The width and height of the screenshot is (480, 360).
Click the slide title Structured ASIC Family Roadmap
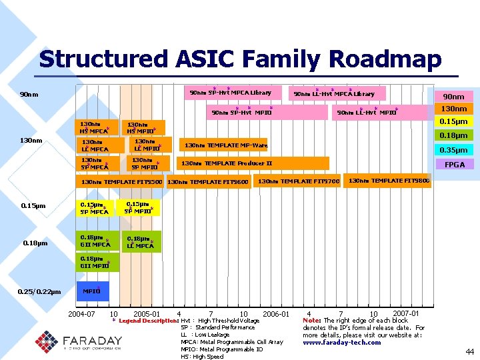click(240, 59)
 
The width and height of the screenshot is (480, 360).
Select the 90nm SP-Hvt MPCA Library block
click(231, 93)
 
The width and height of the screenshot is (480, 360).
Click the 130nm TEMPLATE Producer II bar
click(253, 163)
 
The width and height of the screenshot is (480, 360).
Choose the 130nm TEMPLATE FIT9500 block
click(121, 181)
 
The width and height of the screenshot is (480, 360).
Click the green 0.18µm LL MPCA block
click(141, 242)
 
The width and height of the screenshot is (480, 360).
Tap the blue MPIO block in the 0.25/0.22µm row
click(92, 291)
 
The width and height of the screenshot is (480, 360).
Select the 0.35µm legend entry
click(454, 150)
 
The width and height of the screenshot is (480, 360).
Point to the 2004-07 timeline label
click(81, 313)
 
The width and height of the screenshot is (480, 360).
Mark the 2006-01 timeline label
click(275, 313)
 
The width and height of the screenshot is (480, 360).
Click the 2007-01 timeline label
click(406, 313)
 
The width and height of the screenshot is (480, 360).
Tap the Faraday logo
click(79, 340)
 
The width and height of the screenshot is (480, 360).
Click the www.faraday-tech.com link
click(341, 343)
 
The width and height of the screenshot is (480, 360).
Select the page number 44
click(469, 351)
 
